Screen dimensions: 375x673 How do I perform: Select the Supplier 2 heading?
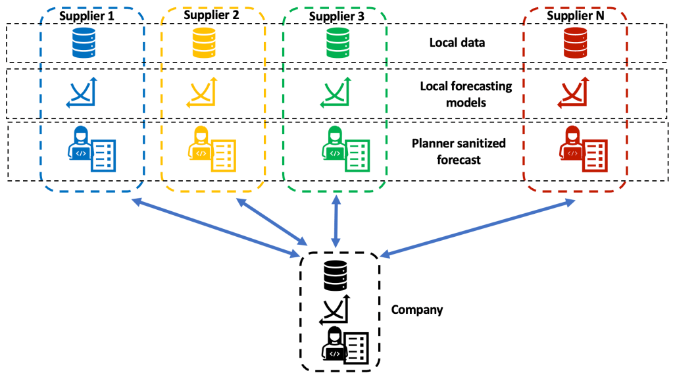point(211,14)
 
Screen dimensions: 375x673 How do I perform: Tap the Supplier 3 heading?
point(334,14)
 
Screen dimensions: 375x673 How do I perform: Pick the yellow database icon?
point(205,42)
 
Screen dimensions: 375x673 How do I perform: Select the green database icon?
point(336,42)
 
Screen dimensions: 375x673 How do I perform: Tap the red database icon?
point(574,42)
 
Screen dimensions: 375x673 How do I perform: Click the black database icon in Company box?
point(335,276)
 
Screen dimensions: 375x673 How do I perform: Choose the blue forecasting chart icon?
point(82,93)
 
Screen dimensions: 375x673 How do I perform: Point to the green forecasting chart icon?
point(334,93)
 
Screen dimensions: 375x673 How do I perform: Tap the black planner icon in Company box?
point(343,344)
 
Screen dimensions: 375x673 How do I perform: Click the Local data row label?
point(457,43)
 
